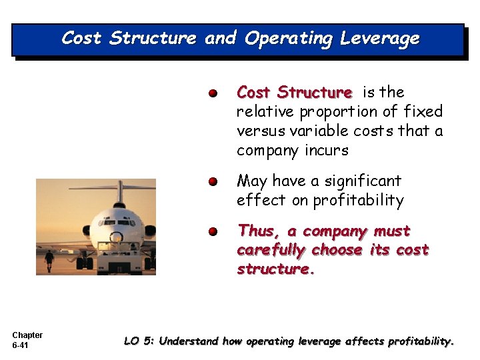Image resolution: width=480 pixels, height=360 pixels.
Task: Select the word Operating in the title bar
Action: tap(289, 39)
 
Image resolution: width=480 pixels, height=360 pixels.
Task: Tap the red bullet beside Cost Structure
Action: tap(211, 93)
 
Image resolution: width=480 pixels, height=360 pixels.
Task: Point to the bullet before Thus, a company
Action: tap(211, 232)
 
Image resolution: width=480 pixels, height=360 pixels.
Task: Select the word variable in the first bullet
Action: tap(307, 131)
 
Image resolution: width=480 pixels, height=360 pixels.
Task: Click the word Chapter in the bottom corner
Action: tap(27, 335)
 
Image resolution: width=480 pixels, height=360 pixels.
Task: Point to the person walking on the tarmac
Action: tap(49, 260)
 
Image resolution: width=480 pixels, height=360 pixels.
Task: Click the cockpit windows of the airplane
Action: tap(119, 223)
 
